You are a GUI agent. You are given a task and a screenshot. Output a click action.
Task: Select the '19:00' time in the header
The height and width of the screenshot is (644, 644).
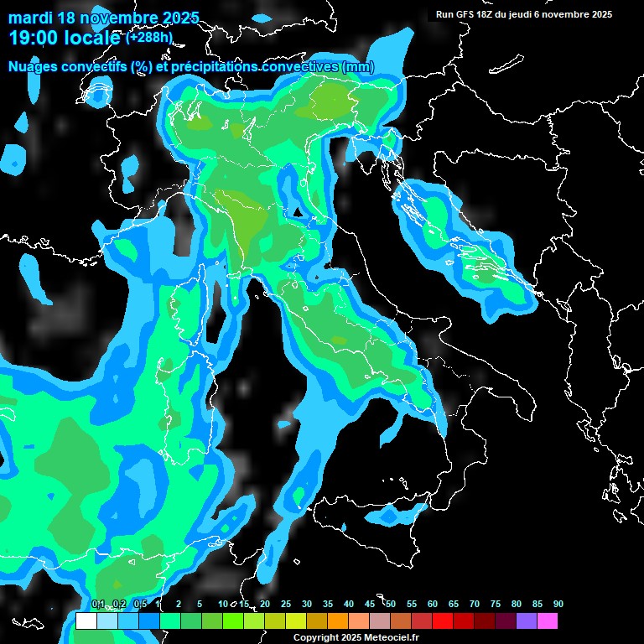(x=33, y=37)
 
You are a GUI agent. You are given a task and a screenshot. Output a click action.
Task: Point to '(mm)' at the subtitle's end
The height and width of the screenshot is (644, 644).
(x=358, y=67)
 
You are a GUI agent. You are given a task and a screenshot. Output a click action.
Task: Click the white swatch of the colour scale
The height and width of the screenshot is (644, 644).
(x=86, y=621)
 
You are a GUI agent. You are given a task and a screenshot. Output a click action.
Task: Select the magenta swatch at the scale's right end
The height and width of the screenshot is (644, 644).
(x=548, y=621)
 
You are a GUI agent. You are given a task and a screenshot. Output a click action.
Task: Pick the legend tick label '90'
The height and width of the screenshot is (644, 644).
(x=558, y=605)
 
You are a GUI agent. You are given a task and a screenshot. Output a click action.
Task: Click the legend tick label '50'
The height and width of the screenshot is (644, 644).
(x=391, y=605)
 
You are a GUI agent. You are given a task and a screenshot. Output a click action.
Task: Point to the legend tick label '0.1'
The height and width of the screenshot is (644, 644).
(x=97, y=605)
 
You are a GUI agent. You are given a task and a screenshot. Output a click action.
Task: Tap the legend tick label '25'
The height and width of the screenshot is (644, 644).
(x=286, y=605)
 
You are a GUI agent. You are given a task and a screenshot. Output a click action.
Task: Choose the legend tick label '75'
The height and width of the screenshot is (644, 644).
(x=496, y=605)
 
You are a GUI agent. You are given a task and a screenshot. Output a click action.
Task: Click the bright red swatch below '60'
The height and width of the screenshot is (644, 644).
(x=443, y=621)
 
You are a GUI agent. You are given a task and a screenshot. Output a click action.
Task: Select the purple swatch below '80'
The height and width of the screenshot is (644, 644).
(x=527, y=621)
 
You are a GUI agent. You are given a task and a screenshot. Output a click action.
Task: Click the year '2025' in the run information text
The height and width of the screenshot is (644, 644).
(x=600, y=14)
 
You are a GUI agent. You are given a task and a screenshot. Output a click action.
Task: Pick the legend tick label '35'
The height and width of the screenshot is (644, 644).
(x=328, y=605)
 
